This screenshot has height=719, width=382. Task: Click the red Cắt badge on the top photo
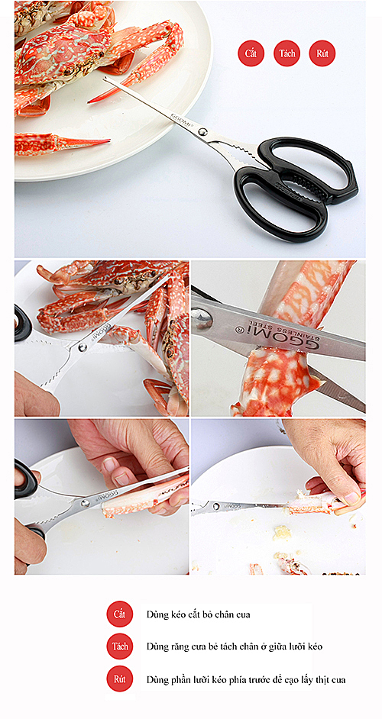tap(251, 53)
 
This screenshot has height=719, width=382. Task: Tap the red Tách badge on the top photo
tap(287, 53)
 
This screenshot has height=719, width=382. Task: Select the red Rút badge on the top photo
tap(322, 53)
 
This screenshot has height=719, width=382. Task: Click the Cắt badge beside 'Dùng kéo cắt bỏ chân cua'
tap(120, 614)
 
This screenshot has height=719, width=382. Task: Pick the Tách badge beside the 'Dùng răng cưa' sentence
tap(120, 646)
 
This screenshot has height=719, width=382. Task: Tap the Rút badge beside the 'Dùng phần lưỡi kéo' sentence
tap(120, 679)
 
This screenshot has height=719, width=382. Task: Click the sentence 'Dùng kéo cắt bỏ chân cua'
tap(199, 614)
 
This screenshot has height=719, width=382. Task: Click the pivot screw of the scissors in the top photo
tap(202, 132)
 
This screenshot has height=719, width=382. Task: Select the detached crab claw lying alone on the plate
tap(63, 142)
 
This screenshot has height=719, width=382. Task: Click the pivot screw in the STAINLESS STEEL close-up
tap(201, 317)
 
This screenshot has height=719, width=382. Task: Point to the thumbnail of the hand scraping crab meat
tap(278, 497)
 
